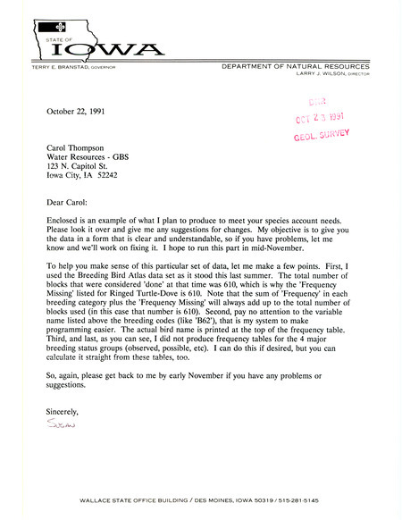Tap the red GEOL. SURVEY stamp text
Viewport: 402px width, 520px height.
321,134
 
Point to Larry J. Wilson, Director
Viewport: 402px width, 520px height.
331,75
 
